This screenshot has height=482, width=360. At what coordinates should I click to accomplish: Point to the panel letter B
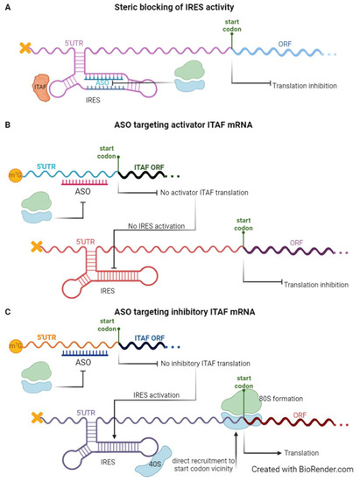(7, 136)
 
